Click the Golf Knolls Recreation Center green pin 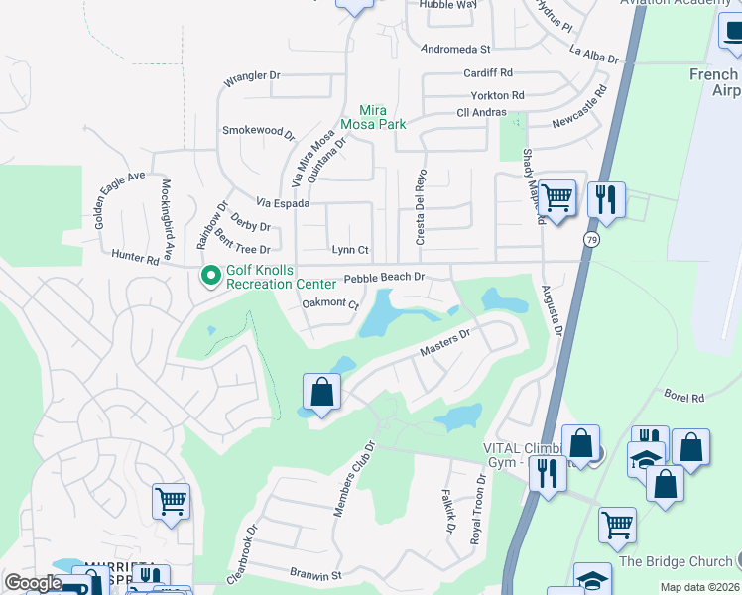click(x=210, y=275)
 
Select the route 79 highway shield click(x=591, y=240)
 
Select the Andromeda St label click(x=456, y=48)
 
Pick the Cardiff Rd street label click(x=488, y=73)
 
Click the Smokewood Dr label click(x=258, y=131)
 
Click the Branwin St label click(x=315, y=574)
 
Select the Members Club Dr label click(x=355, y=477)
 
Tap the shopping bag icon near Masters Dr click(x=322, y=392)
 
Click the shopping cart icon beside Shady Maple click(x=557, y=198)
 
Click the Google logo click(x=33, y=583)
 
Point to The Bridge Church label click(x=680, y=561)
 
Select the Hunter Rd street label click(x=136, y=260)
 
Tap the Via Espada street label click(x=283, y=203)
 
